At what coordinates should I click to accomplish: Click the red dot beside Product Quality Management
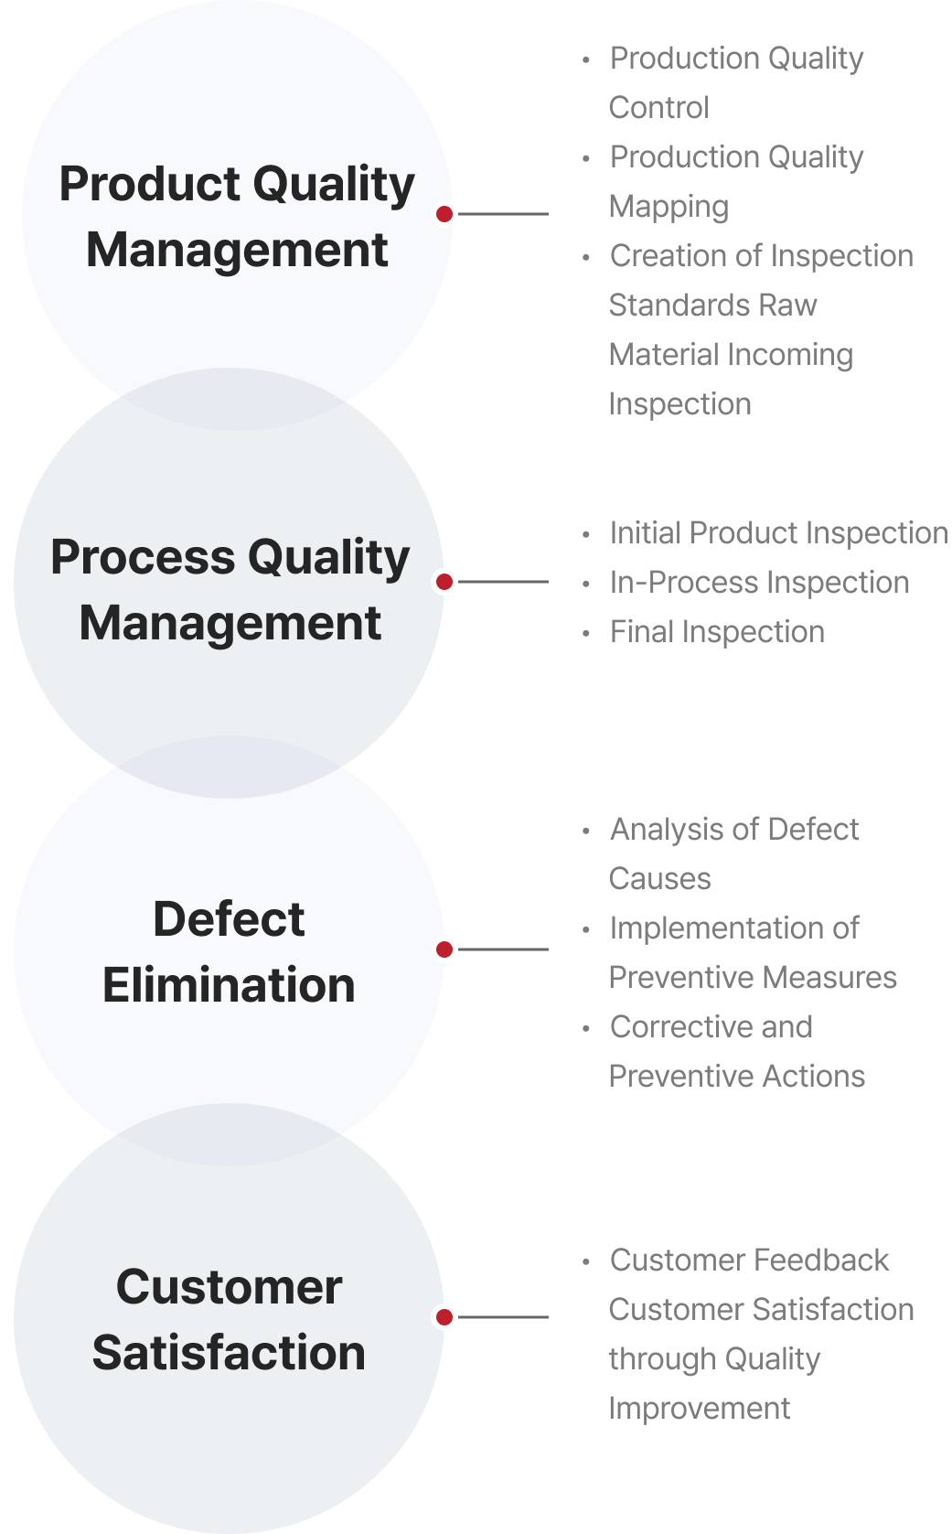click(444, 214)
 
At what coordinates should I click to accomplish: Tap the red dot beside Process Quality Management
click(444, 582)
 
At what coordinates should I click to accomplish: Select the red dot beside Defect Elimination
click(444, 949)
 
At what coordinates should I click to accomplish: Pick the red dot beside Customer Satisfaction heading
click(444, 1317)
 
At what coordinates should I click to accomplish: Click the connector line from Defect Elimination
click(503, 949)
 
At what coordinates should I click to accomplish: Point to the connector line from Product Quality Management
click(503, 214)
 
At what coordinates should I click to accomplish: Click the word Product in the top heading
click(150, 184)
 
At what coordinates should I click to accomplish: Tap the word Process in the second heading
click(144, 557)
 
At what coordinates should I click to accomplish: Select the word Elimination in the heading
click(229, 985)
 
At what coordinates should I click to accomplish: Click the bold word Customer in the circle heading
click(230, 1287)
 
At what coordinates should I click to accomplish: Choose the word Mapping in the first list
click(669, 207)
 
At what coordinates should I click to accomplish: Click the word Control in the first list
click(658, 108)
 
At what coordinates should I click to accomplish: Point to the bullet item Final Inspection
click(717, 632)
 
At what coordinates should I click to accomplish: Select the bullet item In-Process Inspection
click(760, 583)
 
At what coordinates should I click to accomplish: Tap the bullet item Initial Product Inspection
click(779, 533)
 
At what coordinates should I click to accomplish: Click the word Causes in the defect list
click(660, 879)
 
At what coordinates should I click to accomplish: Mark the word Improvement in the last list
click(700, 1410)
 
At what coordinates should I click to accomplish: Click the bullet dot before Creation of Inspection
click(585, 257)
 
